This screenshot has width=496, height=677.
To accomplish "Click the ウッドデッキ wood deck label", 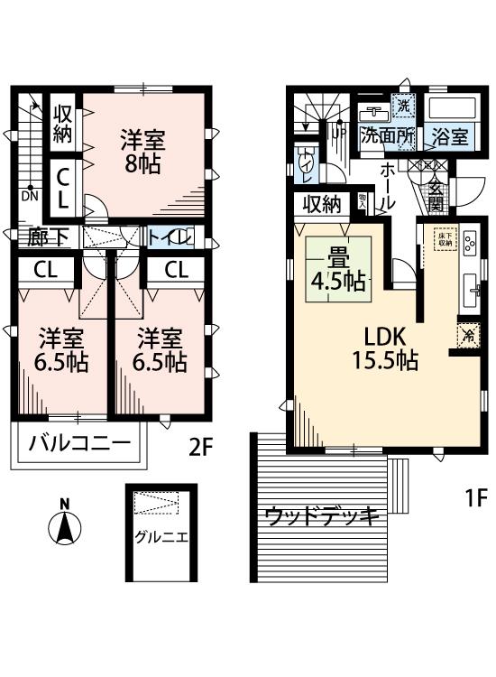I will pyautogui.click(x=320, y=516).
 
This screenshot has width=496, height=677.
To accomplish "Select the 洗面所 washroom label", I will pyautogui.click(x=387, y=137).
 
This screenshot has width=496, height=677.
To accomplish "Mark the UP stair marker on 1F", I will pyautogui.click(x=340, y=133).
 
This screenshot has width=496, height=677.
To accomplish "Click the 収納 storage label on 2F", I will pyautogui.click(x=62, y=125).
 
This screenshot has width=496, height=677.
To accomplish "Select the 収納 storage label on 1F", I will pyautogui.click(x=320, y=204).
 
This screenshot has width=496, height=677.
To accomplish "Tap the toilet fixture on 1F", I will pyautogui.click(x=306, y=163).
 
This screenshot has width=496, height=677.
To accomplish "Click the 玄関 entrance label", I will pyautogui.click(x=436, y=194).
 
